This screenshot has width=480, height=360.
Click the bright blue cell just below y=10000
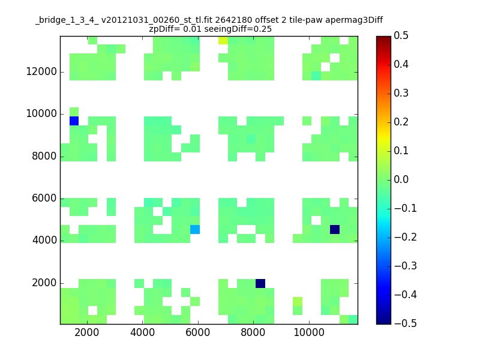click(74, 121)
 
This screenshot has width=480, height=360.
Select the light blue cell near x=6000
click(195, 229)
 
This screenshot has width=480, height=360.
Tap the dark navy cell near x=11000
click(335, 229)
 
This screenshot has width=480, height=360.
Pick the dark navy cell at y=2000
click(260, 283)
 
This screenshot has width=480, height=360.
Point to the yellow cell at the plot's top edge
click(223, 40)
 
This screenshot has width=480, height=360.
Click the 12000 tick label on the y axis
click(41, 71)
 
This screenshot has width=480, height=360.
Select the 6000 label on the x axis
click(198, 332)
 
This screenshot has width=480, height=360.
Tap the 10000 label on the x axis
click(309, 332)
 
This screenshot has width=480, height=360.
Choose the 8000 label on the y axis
click(44, 156)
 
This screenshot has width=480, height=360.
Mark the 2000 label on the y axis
click(44, 283)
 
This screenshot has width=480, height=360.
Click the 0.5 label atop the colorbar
click(401, 35)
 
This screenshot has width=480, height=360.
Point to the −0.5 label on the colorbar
click(406, 323)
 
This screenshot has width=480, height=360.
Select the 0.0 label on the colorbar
click(401, 179)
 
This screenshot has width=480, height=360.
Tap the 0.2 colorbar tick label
click(401, 122)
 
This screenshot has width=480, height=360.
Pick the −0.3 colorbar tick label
click(406, 266)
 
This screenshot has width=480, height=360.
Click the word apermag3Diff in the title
click(354, 20)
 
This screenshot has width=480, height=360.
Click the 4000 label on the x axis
click(142, 332)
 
